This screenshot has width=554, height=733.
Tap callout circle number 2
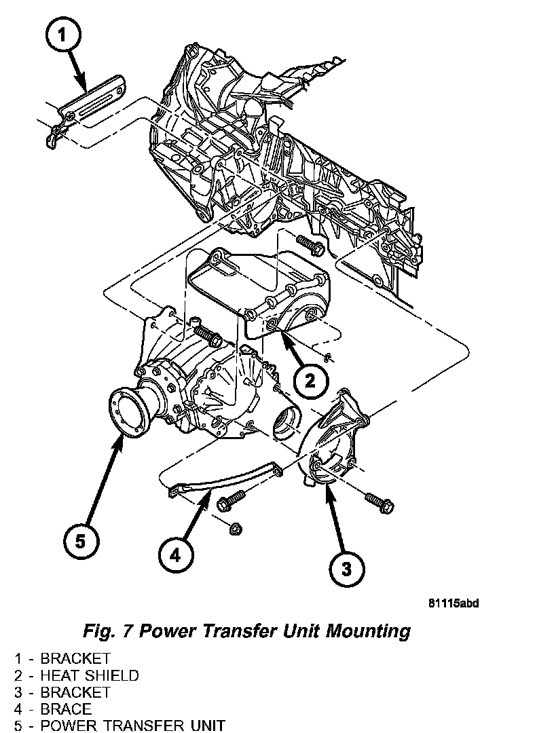pyautogui.click(x=310, y=381)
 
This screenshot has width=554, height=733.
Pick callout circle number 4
pyautogui.click(x=176, y=556)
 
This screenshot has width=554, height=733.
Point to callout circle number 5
pyautogui.click(x=81, y=542)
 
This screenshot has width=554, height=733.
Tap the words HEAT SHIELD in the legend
pyautogui.click(x=90, y=675)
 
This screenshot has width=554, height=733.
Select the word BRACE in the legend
pyautogui.click(x=66, y=709)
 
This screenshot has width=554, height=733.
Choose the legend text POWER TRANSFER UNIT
pyautogui.click(x=132, y=726)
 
